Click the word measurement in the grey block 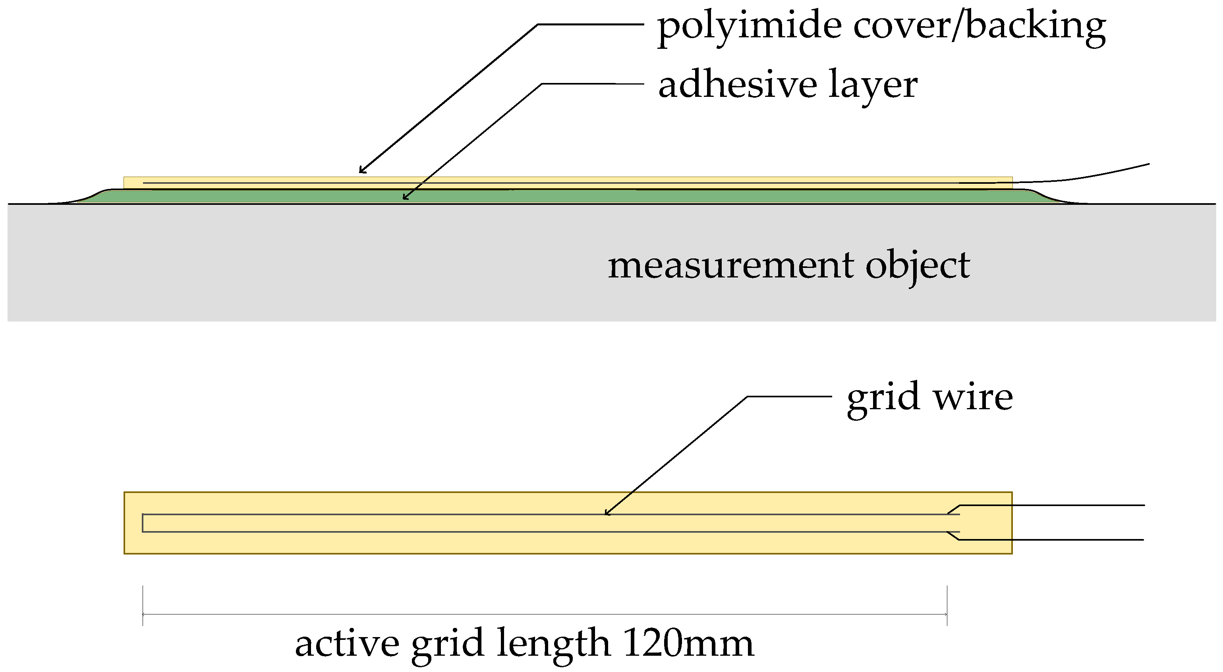(731, 266)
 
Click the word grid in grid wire (883, 397)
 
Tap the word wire (973, 397)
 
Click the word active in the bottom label (347, 644)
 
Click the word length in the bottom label (553, 644)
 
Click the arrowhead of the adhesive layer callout (404, 197)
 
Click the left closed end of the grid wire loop (143, 523)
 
